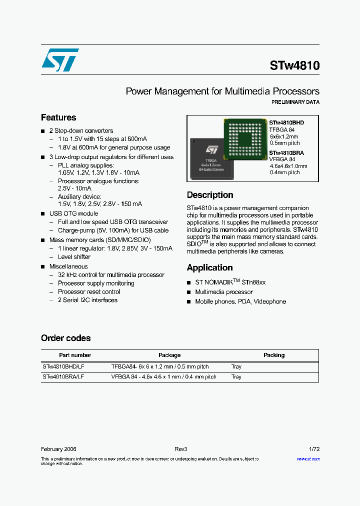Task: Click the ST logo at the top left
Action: [60, 60]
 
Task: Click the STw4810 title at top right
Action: [294, 65]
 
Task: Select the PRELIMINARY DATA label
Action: [295, 102]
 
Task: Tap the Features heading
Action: [58, 117]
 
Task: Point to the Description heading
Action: [210, 195]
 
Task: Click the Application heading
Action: [209, 267]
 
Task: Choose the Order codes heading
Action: [66, 338]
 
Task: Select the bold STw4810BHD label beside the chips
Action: [286, 122]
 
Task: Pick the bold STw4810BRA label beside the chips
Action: [286, 153]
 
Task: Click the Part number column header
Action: [75, 355]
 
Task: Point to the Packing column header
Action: [274, 355]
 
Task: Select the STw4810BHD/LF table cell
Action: [63, 366]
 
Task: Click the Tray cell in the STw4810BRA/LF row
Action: [236, 377]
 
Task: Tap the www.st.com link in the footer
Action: [308, 458]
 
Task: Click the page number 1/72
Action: [314, 449]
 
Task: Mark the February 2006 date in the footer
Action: [58, 449]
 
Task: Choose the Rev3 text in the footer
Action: [180, 449]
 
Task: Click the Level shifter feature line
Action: [74, 256]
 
